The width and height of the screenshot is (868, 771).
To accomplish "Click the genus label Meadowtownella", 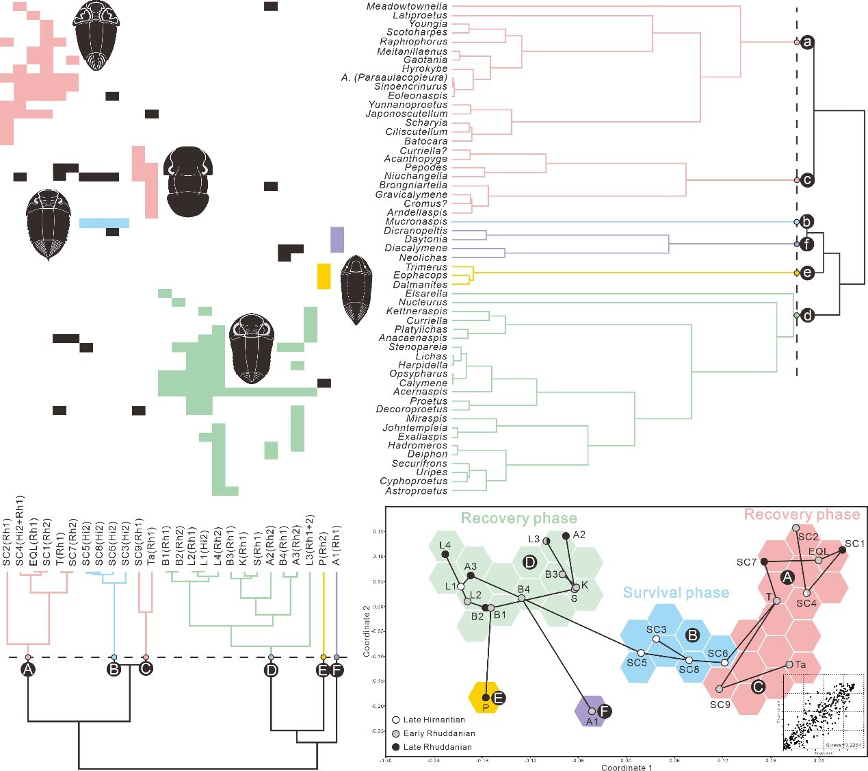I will [x=406, y=6].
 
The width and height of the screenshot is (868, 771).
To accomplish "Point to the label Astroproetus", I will [x=416, y=491].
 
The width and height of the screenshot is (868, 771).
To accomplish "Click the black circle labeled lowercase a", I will [x=808, y=42].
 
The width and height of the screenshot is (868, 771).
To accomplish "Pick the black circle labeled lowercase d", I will [x=808, y=316].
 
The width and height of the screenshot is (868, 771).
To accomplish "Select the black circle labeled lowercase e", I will [x=808, y=273].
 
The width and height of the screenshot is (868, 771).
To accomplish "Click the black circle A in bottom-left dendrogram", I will [x=28, y=669].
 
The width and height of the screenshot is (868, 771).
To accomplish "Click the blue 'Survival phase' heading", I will [x=676, y=593].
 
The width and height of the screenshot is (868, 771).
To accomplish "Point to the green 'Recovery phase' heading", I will [x=518, y=518].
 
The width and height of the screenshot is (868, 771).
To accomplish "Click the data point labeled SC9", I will [x=719, y=689].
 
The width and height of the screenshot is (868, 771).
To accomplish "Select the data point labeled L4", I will [x=445, y=554].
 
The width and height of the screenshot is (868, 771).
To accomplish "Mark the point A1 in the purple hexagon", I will [x=592, y=711].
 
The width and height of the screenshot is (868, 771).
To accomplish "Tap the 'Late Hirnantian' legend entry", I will [x=434, y=720].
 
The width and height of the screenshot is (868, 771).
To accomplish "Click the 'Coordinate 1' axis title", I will [x=627, y=767].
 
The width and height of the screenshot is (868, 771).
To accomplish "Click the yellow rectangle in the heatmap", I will [x=324, y=276].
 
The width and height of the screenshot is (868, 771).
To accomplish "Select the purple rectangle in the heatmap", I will [x=337, y=240].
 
